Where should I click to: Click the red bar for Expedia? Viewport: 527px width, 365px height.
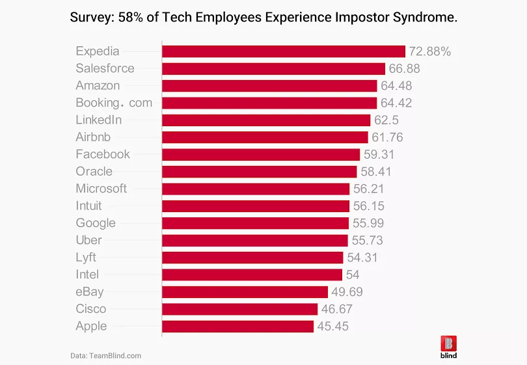coord(283,51)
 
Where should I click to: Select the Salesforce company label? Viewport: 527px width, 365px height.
coord(105,68)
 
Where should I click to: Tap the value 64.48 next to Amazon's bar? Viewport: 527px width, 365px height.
coord(396,86)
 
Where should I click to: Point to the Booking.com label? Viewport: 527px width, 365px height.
coord(114,103)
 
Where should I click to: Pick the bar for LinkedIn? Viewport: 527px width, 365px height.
coord(266,120)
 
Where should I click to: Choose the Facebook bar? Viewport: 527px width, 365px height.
coord(260,154)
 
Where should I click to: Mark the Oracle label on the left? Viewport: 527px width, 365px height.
coord(94,171)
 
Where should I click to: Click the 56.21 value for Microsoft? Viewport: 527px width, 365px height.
coord(369,189)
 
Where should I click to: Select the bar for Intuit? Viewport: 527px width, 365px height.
coord(255,206)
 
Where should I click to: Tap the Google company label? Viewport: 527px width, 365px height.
coord(96,223)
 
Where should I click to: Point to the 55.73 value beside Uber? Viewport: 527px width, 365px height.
coord(367,240)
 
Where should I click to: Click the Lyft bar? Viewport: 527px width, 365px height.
coord(254,257)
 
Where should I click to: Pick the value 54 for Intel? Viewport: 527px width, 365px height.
coord(352,275)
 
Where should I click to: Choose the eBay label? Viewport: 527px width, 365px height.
coord(90,291)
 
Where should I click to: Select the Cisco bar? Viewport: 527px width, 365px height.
coord(239,309)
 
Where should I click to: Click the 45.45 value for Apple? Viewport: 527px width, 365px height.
coord(332,326)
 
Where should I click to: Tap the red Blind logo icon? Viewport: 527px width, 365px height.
coord(448,343)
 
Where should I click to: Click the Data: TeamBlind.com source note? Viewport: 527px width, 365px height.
coord(105,356)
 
